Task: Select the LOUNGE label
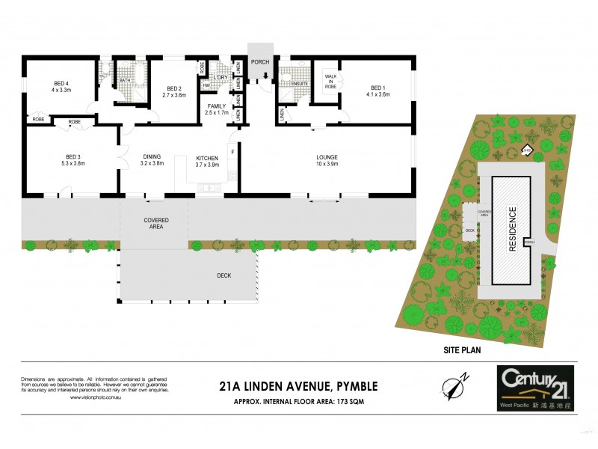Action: click(327, 157)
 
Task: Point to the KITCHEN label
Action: click(206, 157)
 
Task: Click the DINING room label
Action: click(152, 156)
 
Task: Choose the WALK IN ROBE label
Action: click(330, 81)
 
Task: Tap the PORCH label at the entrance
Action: click(261, 62)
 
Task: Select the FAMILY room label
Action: click(217, 106)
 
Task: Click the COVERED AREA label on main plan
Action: click(153, 223)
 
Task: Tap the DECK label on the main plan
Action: click(224, 275)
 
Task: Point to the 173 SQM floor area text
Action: click(355, 401)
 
